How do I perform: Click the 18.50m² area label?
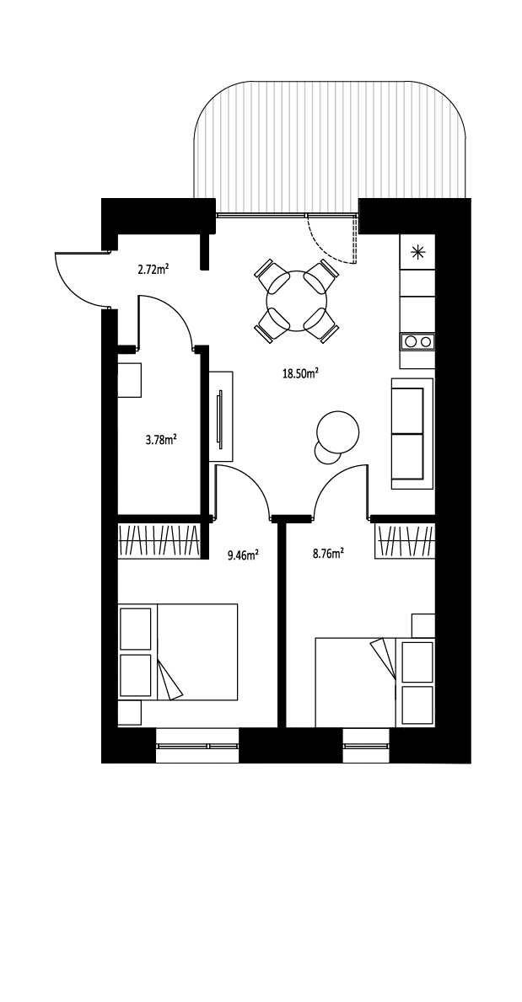301,373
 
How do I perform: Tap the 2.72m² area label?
153,269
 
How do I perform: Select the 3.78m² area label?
161,440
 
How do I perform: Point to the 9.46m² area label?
243,555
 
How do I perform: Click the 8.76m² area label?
328,554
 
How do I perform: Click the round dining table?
296,301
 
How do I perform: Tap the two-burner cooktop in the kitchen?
417,341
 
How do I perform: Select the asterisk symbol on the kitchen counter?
417,252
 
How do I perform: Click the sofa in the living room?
412,434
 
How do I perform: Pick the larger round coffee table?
338,432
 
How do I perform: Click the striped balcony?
330,141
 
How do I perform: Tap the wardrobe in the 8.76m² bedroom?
405,541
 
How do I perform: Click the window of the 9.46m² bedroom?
197,746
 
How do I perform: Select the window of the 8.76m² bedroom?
366,746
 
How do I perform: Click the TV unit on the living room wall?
221,416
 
